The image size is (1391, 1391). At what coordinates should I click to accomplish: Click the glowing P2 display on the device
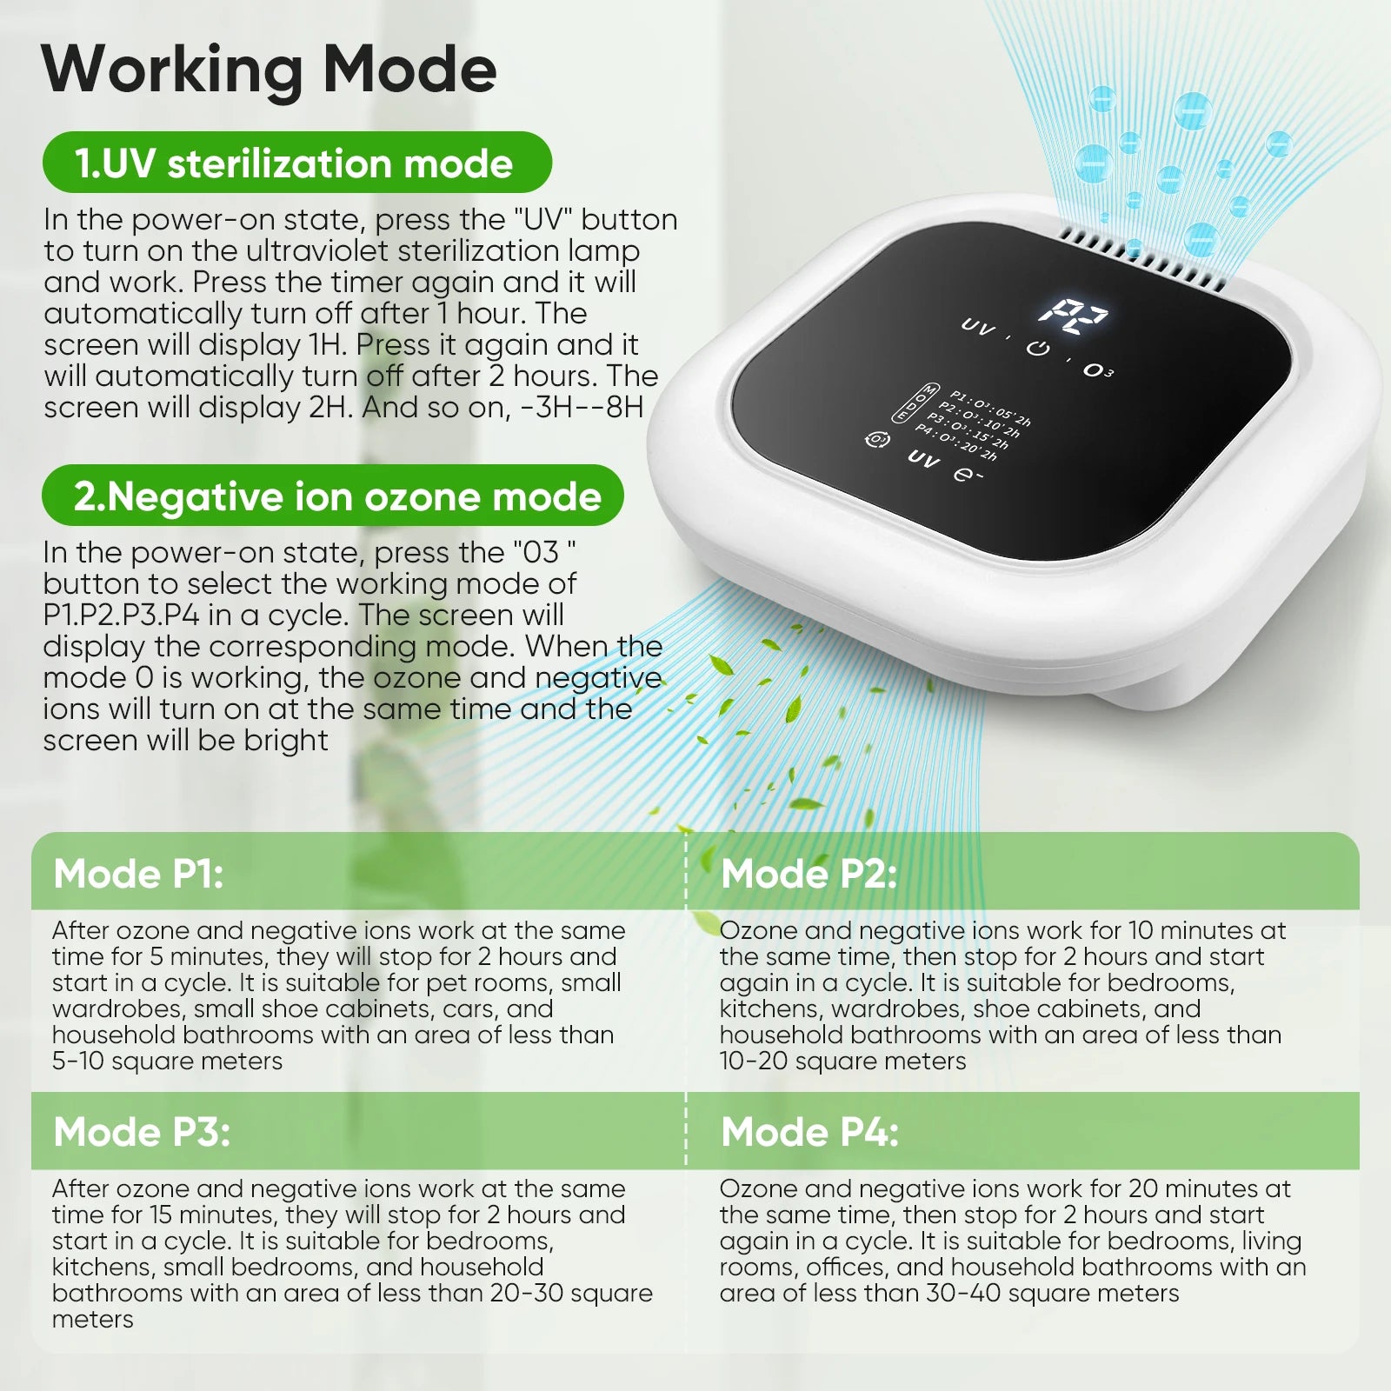pyautogui.click(x=1074, y=318)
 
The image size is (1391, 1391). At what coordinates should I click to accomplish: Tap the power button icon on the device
pyautogui.click(x=1038, y=349)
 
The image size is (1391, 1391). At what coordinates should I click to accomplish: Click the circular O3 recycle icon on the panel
pyautogui.click(x=877, y=439)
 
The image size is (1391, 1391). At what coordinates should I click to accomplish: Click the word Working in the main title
pyautogui.click(x=170, y=70)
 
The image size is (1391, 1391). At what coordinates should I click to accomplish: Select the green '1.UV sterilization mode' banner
pyautogui.click(x=297, y=163)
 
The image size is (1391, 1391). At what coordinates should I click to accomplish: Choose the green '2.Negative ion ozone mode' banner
pyautogui.click(x=333, y=496)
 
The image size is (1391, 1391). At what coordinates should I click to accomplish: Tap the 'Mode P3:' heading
pyautogui.click(x=142, y=1133)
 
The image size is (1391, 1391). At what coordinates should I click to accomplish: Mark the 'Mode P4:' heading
pyautogui.click(x=810, y=1133)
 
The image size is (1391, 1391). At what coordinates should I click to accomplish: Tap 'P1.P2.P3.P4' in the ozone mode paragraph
pyautogui.click(x=121, y=616)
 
